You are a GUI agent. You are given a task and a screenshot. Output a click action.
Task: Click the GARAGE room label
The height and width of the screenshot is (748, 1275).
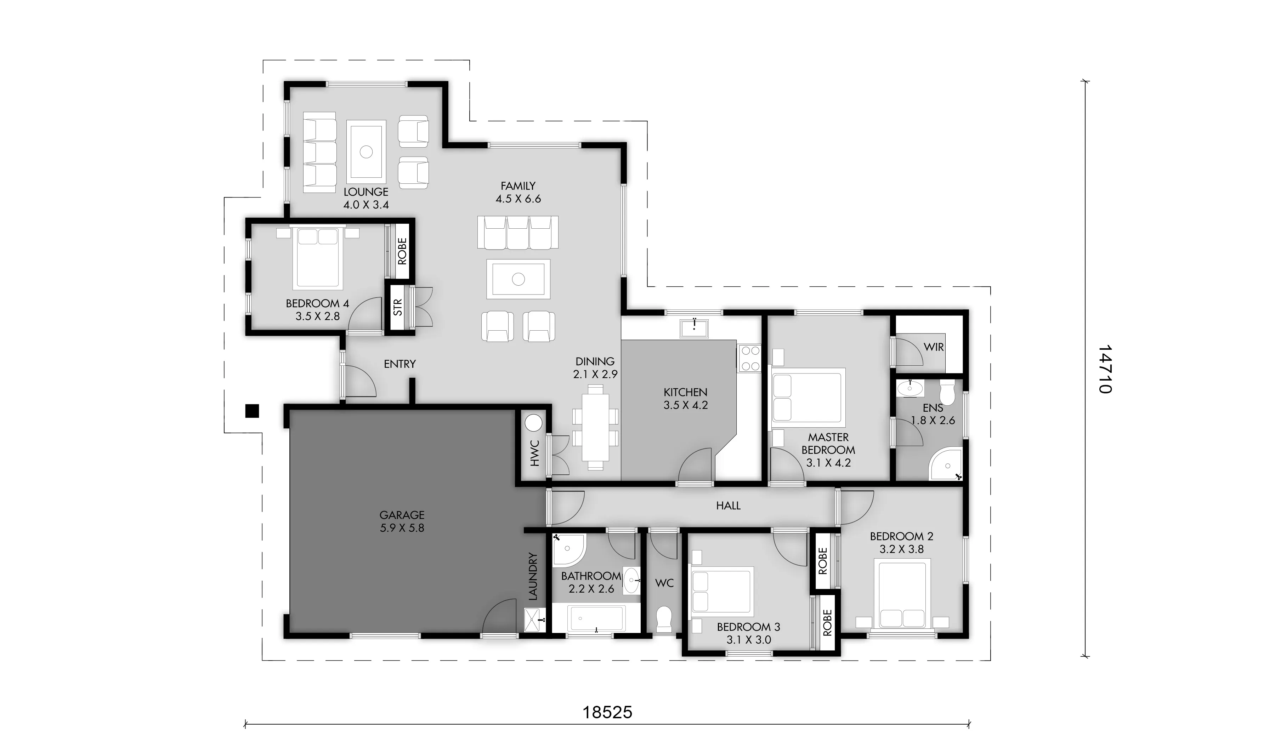pos(402,515)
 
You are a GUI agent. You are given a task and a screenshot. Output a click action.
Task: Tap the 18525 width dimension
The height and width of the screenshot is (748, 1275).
pos(607,713)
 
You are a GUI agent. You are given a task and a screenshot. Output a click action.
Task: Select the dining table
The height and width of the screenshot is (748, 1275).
pos(595,427)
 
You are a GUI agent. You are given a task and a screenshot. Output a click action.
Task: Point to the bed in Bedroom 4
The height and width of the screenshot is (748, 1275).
pos(317,257)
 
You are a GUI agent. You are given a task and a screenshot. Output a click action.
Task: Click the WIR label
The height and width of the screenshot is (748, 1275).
pos(934,347)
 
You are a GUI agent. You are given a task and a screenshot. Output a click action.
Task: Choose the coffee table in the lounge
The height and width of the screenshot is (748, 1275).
pos(366,151)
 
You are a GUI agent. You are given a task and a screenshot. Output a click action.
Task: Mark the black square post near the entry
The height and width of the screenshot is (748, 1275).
pos(252,411)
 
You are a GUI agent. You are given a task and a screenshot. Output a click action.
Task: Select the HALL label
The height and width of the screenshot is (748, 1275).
pos(728,505)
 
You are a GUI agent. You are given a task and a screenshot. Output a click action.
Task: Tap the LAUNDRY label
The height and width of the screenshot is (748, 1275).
pos(532,577)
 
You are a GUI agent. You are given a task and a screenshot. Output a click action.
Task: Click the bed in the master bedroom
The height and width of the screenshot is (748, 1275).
pos(807,398)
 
